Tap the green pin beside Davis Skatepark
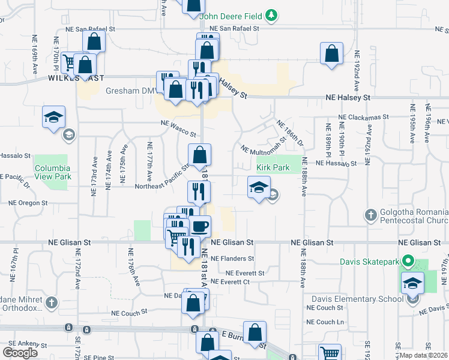(408, 261)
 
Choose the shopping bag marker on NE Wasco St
(199, 154)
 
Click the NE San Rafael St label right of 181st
(234, 28)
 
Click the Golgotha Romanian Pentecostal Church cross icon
(372, 214)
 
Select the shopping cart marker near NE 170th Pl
(70, 61)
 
